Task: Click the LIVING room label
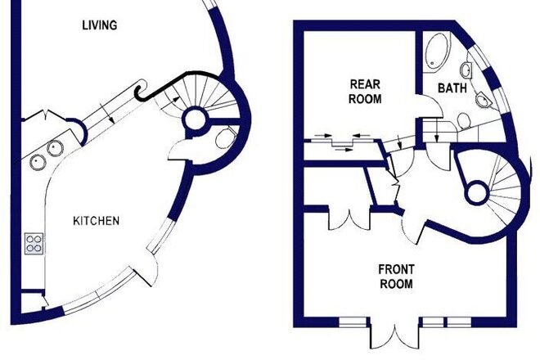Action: (100, 25)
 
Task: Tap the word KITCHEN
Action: (97, 220)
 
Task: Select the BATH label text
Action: (452, 88)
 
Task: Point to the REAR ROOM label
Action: (365, 92)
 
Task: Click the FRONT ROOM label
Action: (396, 277)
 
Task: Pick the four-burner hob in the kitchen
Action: (34, 244)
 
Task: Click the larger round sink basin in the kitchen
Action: (55, 148)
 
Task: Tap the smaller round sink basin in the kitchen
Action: (37, 162)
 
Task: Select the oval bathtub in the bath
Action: (437, 51)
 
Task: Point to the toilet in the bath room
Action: (464, 121)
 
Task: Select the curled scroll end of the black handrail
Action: (140, 89)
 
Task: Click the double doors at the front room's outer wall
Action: (394, 336)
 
